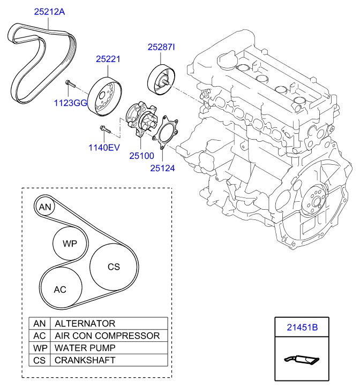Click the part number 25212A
click(x=50, y=11)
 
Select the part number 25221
click(x=108, y=59)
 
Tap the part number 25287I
click(x=161, y=48)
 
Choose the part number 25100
click(x=141, y=156)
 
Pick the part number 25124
click(x=162, y=167)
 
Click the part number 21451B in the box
click(x=302, y=326)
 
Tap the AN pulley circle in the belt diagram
click(x=46, y=207)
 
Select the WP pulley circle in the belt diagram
click(x=70, y=243)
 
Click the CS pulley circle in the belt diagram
click(x=113, y=266)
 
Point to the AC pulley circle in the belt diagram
click(x=60, y=289)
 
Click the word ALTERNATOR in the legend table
click(x=85, y=324)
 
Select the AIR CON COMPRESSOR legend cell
click(x=107, y=336)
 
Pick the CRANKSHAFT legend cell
click(x=85, y=361)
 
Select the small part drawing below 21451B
click(x=301, y=360)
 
